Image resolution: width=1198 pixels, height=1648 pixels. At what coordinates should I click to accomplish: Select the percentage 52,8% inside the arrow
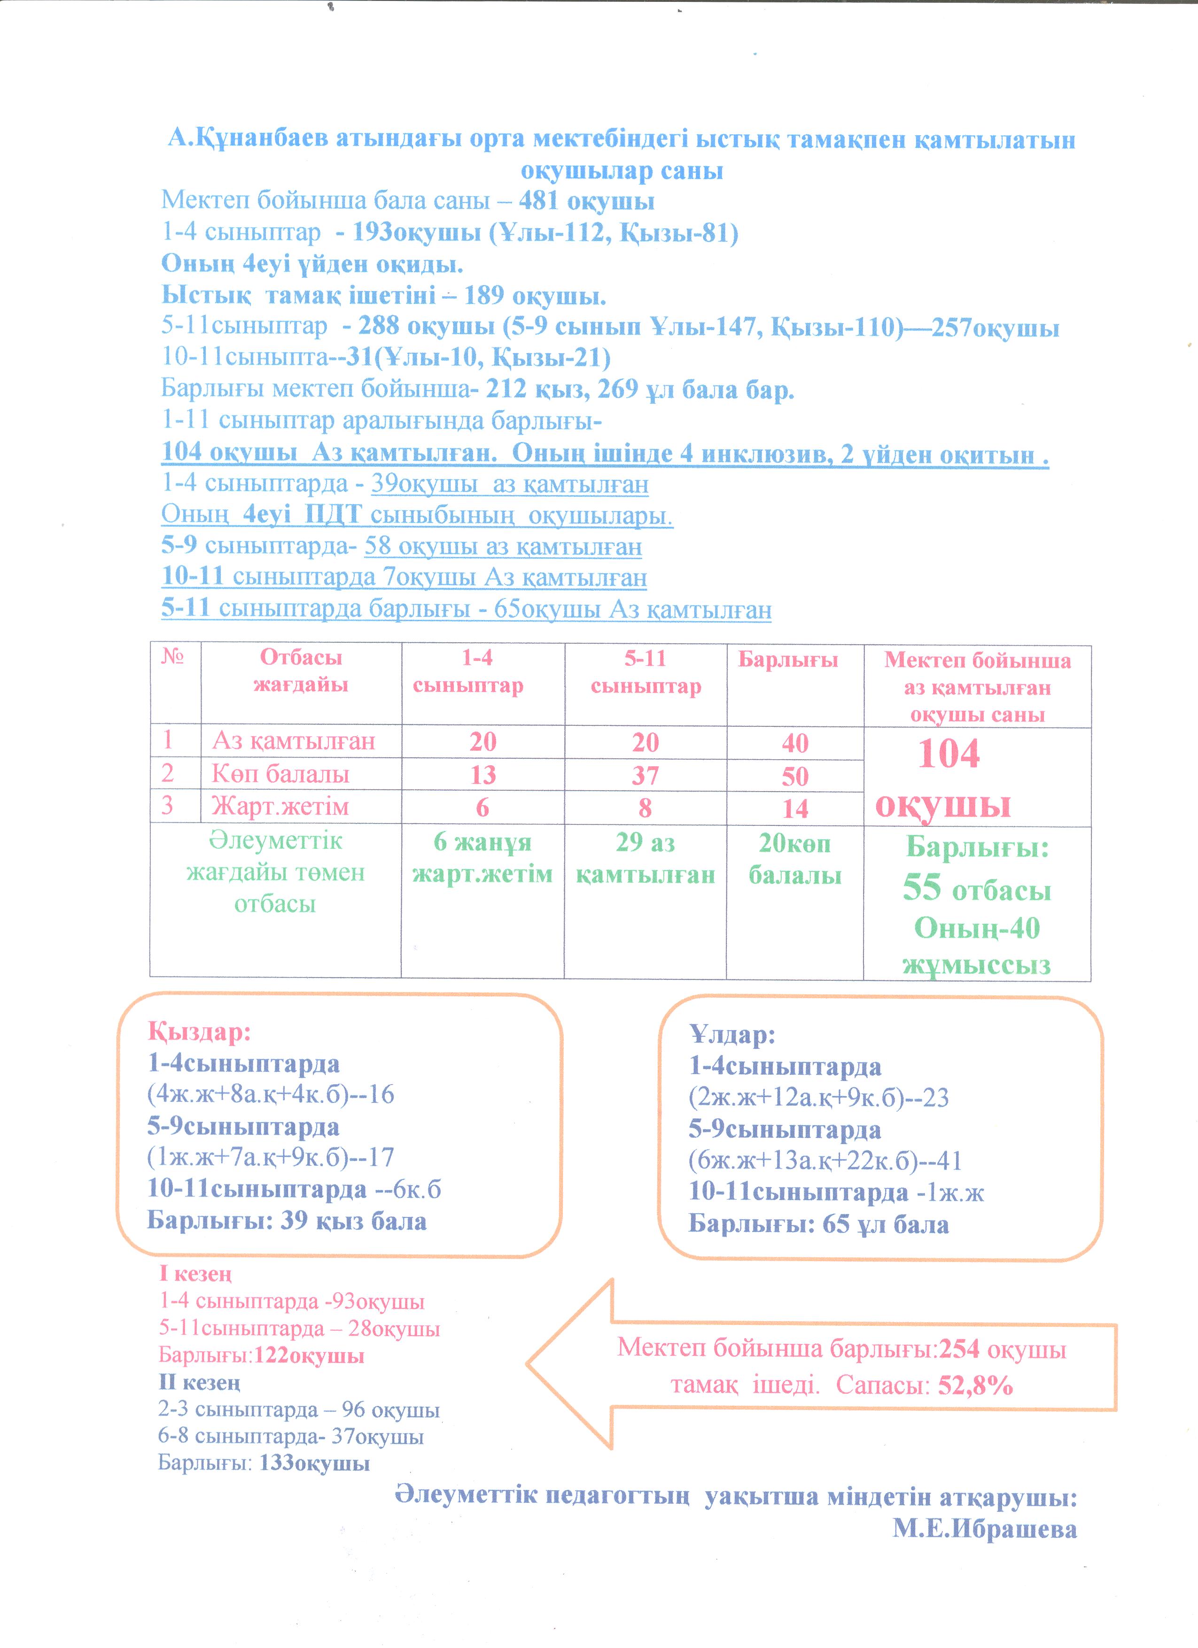(976, 1385)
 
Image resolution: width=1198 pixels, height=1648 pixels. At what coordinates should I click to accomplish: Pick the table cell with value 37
(645, 775)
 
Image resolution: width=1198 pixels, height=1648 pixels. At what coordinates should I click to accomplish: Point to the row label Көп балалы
(280, 774)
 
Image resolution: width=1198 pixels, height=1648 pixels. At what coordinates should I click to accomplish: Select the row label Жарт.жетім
(280, 807)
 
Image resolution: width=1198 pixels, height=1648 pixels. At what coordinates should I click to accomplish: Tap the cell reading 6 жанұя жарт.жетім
(482, 858)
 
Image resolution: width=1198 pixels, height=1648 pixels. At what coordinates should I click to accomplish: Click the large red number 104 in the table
(949, 754)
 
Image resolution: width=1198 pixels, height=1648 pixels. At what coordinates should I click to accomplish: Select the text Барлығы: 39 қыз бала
(287, 1221)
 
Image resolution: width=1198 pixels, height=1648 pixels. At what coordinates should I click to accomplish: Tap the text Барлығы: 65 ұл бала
(818, 1224)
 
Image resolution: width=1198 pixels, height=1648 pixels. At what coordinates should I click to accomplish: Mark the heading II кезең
(199, 1383)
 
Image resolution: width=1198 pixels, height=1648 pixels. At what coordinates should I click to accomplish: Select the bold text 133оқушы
(314, 1463)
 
